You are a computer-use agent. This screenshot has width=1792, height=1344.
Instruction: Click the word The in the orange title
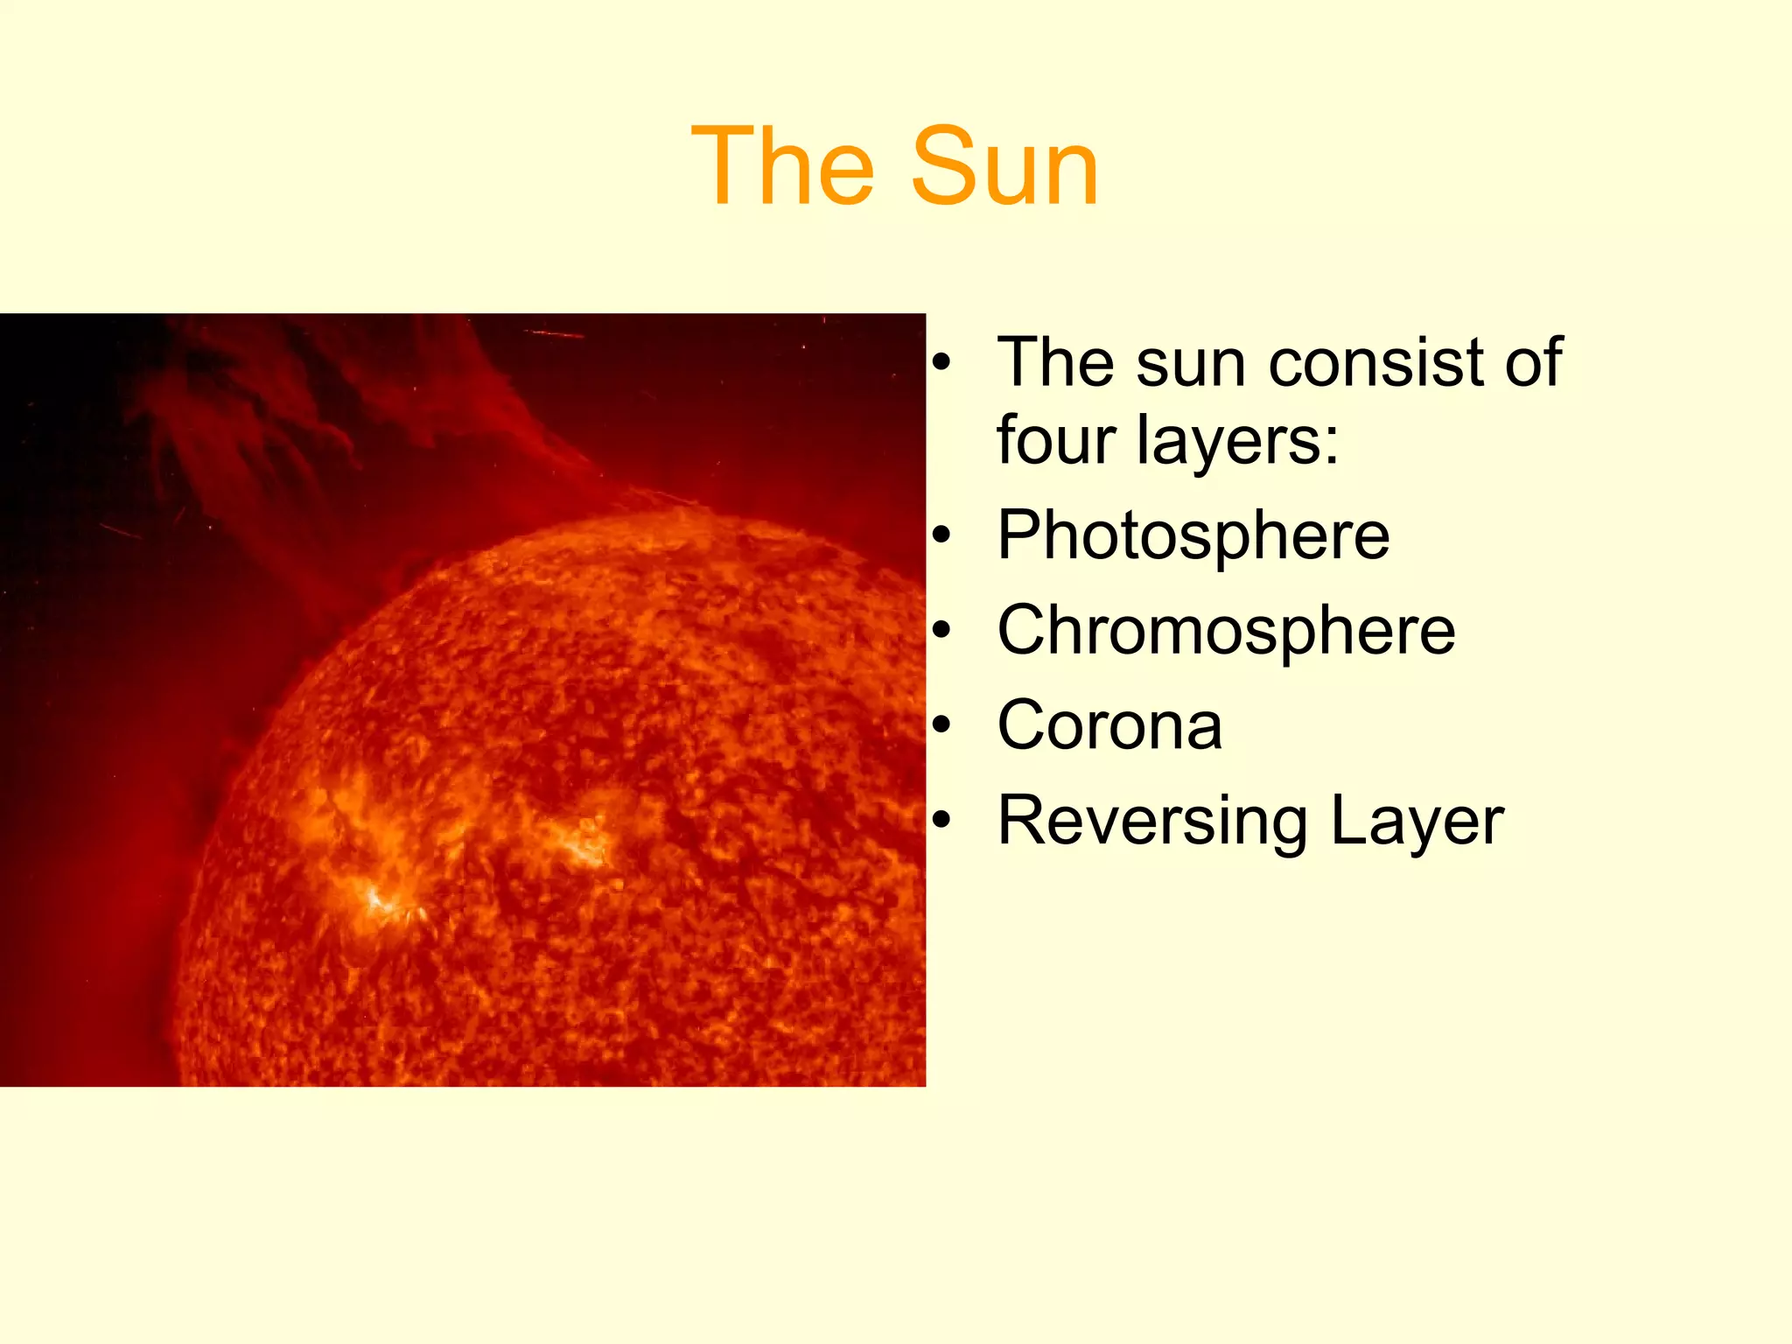pyautogui.click(x=782, y=166)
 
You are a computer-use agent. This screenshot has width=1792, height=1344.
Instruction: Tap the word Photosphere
pyautogui.click(x=1193, y=535)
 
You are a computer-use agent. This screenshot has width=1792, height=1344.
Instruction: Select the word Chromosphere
pyautogui.click(x=1226, y=630)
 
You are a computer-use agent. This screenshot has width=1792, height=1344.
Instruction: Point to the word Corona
pyautogui.click(x=1109, y=725)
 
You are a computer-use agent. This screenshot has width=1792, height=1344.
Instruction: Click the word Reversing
pyautogui.click(x=1152, y=821)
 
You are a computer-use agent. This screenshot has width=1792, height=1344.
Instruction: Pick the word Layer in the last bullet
pyautogui.click(x=1417, y=821)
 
